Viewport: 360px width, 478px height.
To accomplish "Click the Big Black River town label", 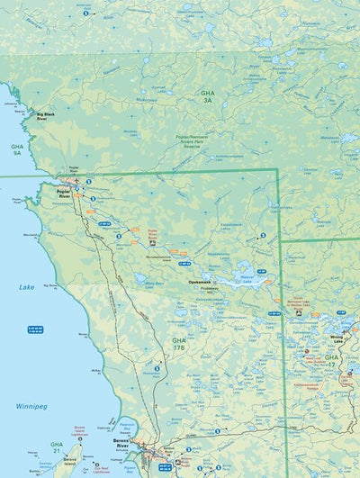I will [48, 116].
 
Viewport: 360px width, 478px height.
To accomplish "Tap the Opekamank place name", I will [199, 281].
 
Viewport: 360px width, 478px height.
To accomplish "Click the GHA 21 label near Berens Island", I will [57, 446].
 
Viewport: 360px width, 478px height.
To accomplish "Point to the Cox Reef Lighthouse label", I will [104, 467].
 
